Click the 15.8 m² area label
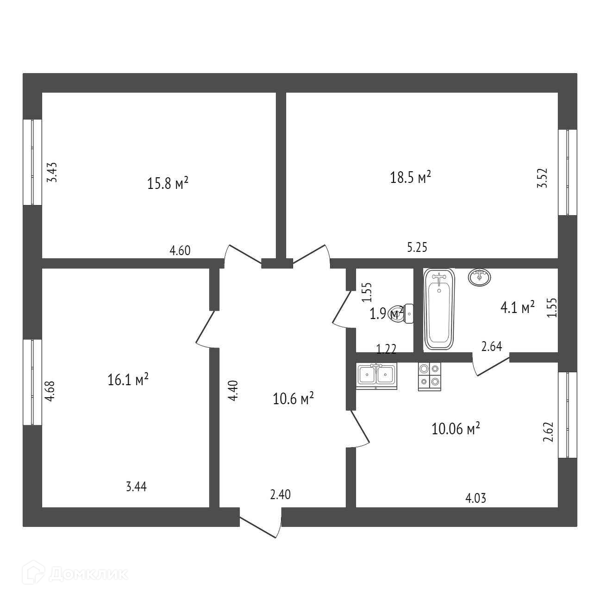(x=168, y=184)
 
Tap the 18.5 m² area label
(x=411, y=177)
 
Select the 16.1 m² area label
(x=128, y=380)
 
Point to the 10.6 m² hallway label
(x=294, y=399)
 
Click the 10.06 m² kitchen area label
(x=456, y=429)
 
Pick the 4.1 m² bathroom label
(x=518, y=307)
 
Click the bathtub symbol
(x=439, y=308)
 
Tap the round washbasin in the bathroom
(x=480, y=277)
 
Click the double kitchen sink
(x=376, y=374)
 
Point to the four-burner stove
(x=430, y=375)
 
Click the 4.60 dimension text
(x=180, y=251)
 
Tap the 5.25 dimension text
(x=417, y=248)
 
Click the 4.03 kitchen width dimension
(x=476, y=498)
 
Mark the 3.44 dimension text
(x=136, y=487)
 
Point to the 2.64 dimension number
(x=492, y=346)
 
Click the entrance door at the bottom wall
(x=261, y=523)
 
